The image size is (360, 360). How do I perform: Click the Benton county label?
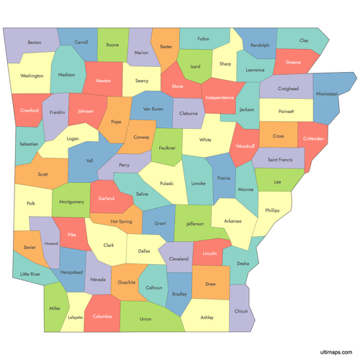coord(34,43)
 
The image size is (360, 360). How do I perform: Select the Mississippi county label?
coord(325,94)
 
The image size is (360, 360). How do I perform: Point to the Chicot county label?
coord(240,311)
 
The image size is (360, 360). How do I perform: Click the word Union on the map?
coord(145,318)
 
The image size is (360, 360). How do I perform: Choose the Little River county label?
coord(30,274)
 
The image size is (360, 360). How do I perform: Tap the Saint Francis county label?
coord(281,159)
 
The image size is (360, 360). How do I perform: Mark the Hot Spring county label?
coord(121,221)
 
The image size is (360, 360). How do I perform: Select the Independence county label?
coord(220,97)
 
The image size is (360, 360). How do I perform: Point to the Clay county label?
coord(303,41)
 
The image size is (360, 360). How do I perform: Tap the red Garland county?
coord(106,198)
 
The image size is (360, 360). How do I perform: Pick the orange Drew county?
coord(210,283)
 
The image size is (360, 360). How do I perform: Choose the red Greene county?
coord(293,62)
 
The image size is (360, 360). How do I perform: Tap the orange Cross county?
coord(278,135)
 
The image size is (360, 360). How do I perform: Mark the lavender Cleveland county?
coord(179,258)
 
